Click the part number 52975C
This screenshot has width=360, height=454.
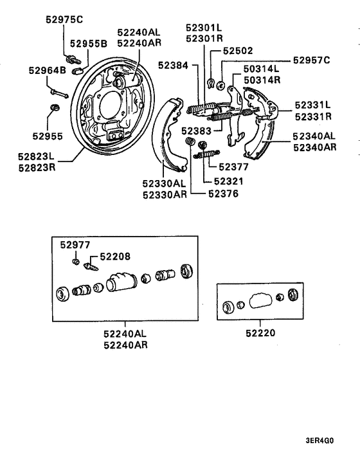pos(64,19)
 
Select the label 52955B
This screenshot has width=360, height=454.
pos(88,44)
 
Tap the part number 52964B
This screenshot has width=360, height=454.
pos(47,70)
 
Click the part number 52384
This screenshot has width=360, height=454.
pos(170,66)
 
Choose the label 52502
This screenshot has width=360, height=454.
pos(238,50)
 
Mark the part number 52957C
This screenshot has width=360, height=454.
pos(311,60)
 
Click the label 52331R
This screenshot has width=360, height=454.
pos(313,116)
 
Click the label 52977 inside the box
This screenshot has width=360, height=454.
pos(75,244)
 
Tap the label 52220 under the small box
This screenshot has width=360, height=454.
pos(260,333)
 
